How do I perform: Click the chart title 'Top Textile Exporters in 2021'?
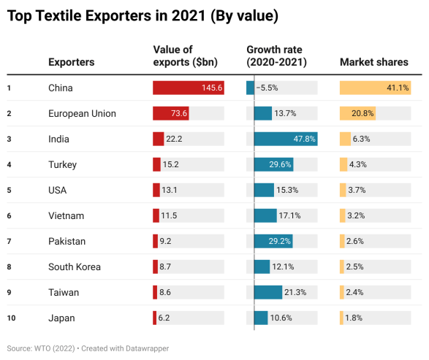tap(143, 15)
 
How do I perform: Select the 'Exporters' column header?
tap(71, 62)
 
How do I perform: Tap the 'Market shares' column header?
tap(373, 62)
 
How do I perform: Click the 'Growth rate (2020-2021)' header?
tap(274, 55)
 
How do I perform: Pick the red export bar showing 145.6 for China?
tap(188, 88)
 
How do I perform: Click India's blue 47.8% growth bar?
tap(286, 139)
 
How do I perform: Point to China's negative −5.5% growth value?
tap(267, 88)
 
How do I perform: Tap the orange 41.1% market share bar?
tap(375, 88)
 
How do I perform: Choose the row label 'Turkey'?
tap(62, 164)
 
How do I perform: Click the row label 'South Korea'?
tap(74, 267)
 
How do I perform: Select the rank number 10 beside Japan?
tap(10, 318)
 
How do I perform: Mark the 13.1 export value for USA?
tap(170, 190)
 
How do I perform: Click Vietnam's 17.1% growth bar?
tap(265, 215)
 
